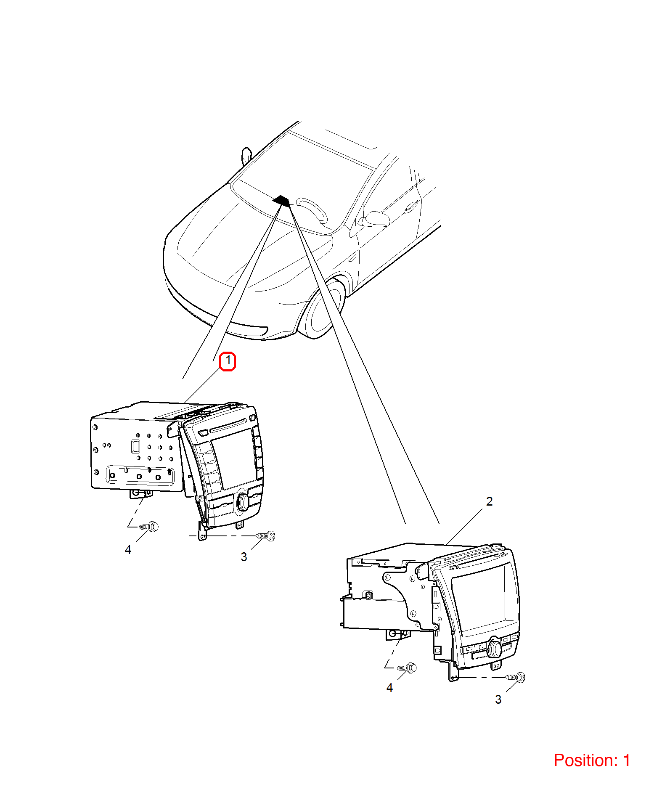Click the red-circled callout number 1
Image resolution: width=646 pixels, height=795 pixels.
(228, 361)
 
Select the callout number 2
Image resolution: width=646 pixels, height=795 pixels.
(489, 501)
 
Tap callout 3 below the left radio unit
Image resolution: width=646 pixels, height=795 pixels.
(244, 557)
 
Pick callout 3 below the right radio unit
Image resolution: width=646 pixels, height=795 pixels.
(498, 700)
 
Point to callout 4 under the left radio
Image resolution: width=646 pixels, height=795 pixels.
(128, 550)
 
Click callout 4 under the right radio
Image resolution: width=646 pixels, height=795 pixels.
(389, 688)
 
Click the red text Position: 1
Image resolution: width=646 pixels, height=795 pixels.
(592, 761)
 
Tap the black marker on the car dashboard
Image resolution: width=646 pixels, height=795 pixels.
(281, 201)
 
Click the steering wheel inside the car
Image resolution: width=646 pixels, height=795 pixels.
(312, 209)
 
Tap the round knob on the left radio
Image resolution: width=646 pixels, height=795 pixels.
(243, 501)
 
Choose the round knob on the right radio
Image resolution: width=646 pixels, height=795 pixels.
(494, 649)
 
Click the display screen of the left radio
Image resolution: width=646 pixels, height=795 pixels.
(234, 459)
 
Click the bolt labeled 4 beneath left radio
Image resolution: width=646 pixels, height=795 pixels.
(149, 526)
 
